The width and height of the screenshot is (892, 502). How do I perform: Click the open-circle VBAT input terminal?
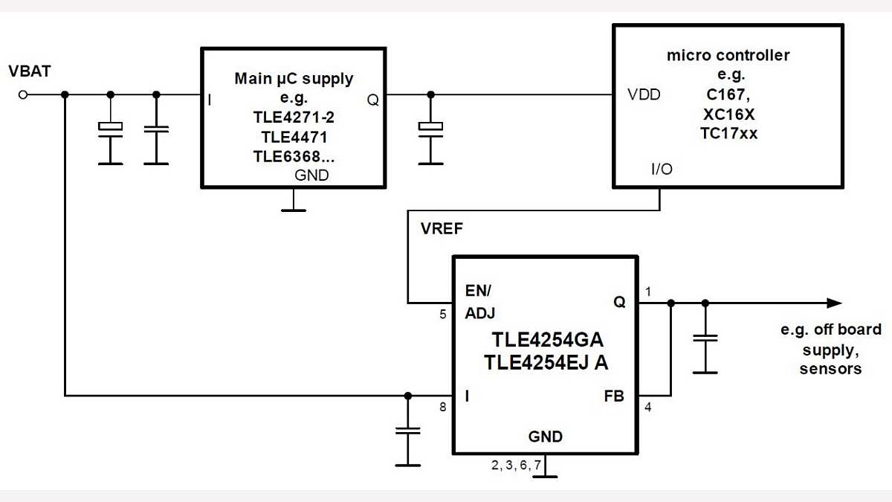pos(23,94)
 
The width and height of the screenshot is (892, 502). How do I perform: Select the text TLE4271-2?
pos(294,118)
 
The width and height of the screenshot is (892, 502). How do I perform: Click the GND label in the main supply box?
pos(311,176)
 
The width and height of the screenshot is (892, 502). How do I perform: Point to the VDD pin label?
pos(644,95)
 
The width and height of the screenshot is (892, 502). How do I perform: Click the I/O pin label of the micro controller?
pos(661,170)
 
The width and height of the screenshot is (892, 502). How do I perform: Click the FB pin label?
pos(615,396)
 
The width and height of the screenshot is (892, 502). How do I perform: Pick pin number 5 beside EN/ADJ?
pos(442,314)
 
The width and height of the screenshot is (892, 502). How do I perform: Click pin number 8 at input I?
pos(442,407)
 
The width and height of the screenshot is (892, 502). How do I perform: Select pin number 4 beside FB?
pos(647,407)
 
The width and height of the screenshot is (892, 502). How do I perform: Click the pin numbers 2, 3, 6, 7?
pos(516,465)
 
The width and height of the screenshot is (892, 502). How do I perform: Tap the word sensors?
pos(830,368)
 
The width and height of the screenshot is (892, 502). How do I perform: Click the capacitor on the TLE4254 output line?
pos(705,338)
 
